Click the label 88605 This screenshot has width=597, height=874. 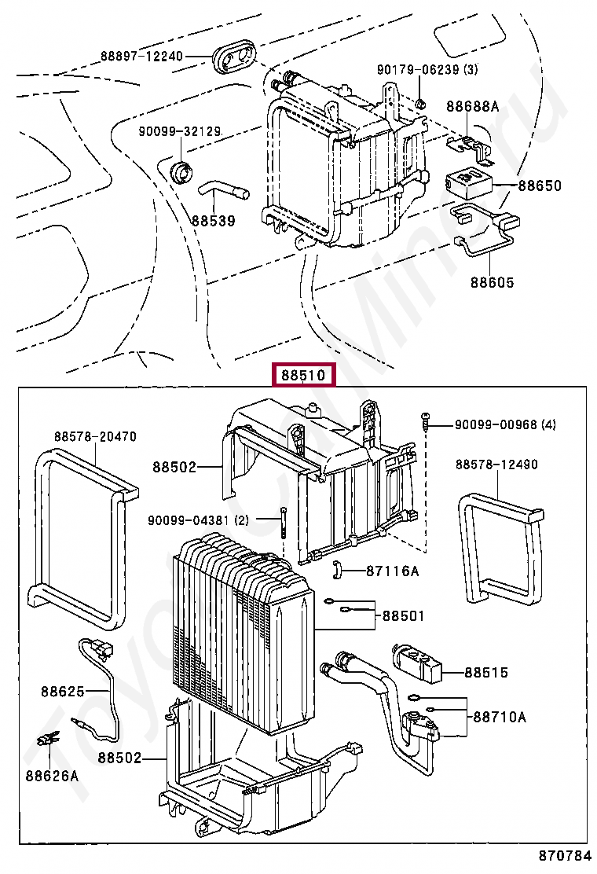(493, 281)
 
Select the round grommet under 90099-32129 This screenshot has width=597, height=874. (183, 169)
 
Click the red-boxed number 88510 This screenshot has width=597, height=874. (303, 376)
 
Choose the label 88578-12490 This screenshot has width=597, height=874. (496, 465)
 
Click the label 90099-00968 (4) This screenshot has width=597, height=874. (505, 424)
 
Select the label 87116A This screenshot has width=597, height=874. (392, 571)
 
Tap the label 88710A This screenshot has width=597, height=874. (499, 717)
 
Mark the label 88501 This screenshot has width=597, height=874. (403, 615)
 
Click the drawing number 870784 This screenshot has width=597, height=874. (564, 854)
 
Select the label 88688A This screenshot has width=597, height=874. (473, 106)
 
